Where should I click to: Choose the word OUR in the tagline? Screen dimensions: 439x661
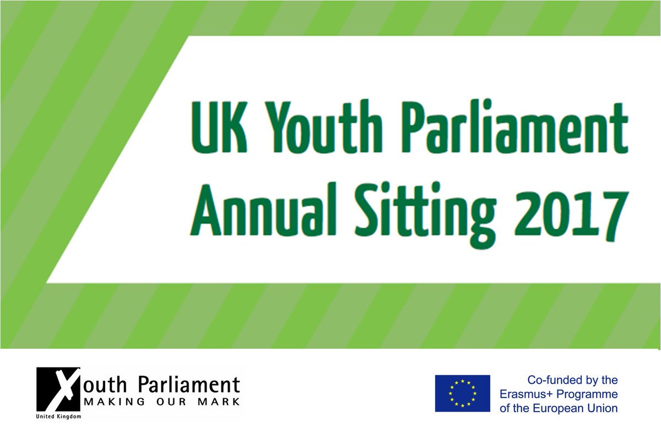tap(169, 402)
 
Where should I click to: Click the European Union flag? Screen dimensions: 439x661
tap(462, 393)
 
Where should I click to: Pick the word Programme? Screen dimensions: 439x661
tap(589, 394)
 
